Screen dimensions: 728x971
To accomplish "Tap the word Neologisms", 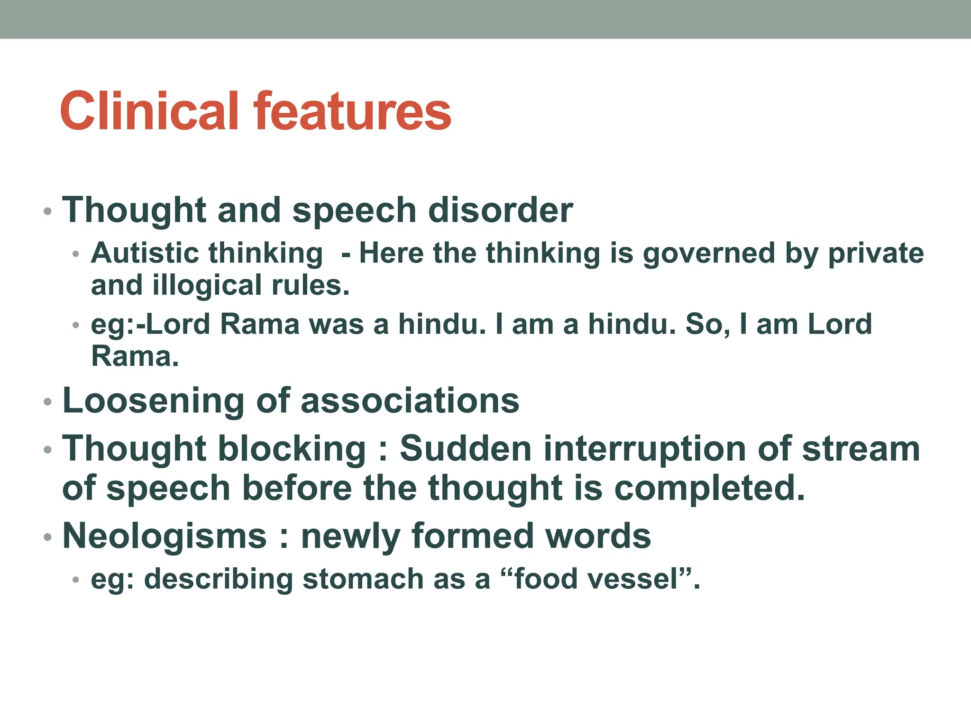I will click(165, 536).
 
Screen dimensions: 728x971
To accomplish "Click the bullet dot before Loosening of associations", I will click(47, 402).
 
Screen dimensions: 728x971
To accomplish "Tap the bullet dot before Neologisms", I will click(47, 537).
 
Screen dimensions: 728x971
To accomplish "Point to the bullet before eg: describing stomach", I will click(75, 580).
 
